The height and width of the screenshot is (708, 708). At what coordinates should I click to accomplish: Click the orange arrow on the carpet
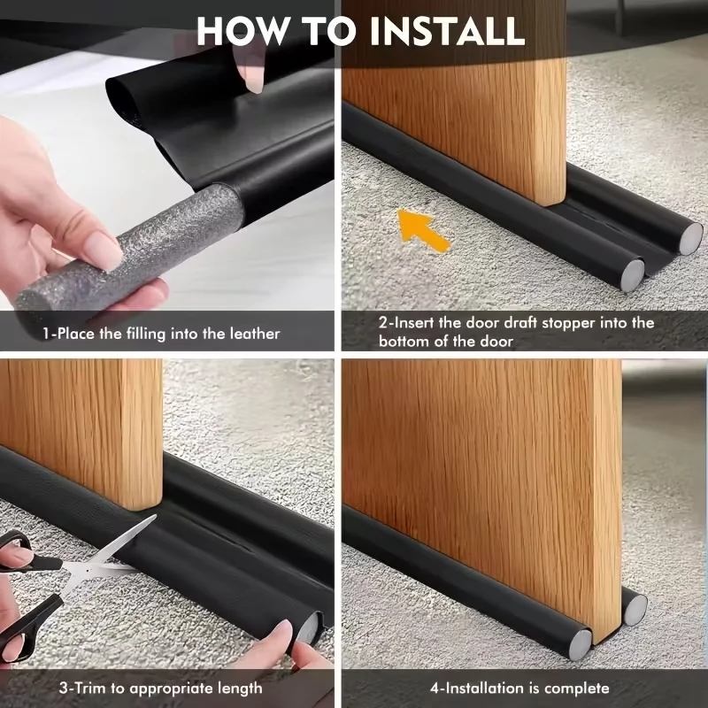coord(422,229)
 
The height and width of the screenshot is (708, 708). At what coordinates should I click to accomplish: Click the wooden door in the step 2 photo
coord(460,97)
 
